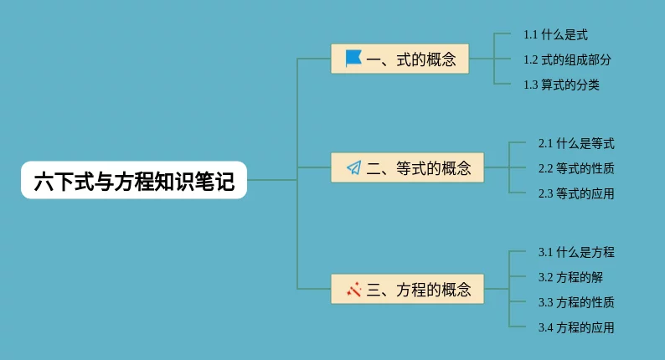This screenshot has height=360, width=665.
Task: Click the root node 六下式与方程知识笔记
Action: tap(134, 180)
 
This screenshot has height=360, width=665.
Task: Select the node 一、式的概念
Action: tap(400, 59)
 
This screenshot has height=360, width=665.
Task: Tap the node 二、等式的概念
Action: tap(408, 168)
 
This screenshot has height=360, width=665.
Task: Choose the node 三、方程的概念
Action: tap(408, 290)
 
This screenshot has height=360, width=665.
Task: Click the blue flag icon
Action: tap(353, 59)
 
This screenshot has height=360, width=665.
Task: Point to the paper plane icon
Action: tap(353, 168)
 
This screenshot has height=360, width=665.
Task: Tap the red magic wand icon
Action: tap(353, 290)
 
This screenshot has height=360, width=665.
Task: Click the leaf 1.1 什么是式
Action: tap(555, 35)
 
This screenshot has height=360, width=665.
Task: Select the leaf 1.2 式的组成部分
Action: tap(567, 59)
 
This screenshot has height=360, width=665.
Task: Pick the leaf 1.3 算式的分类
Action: tap(561, 85)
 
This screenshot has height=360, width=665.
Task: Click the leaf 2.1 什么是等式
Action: tap(576, 144)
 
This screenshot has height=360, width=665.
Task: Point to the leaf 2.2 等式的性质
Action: tap(576, 168)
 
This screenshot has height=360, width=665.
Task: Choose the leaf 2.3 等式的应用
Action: tap(576, 194)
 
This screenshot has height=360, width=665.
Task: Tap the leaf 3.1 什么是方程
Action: tap(576, 252)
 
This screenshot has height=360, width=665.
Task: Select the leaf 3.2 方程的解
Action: tap(570, 277)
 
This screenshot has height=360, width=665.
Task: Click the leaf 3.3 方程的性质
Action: tap(576, 302)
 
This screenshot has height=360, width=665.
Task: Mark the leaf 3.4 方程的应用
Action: tap(576, 327)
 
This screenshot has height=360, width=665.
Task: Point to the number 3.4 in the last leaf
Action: tap(545, 327)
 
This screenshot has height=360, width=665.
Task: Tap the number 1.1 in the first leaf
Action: tap(530, 35)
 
